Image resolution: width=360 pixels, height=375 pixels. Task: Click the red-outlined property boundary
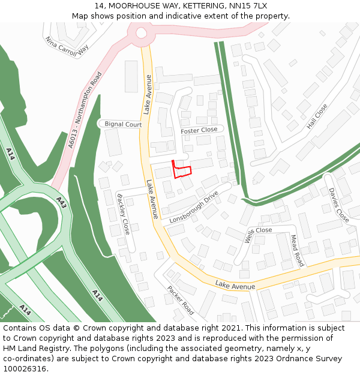click(182, 170)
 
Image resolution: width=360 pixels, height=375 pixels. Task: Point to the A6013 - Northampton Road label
click(85, 110)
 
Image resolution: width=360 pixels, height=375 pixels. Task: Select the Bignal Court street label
click(123, 125)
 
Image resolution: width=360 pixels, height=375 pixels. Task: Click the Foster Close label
click(199, 130)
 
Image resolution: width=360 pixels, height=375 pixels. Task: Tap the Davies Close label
click(338, 205)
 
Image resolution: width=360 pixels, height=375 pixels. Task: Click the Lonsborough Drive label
click(193, 208)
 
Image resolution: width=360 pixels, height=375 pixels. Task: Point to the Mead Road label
click(297, 250)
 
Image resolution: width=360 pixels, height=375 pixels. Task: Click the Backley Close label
click(123, 214)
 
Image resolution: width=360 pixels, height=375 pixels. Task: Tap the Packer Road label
click(181, 300)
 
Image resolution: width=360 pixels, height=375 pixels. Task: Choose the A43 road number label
click(62, 203)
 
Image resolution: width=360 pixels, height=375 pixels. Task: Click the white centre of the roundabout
click(142, 34)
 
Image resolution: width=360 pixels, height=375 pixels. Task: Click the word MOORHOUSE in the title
click(134, 6)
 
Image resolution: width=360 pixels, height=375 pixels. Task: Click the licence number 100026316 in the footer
click(23, 368)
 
